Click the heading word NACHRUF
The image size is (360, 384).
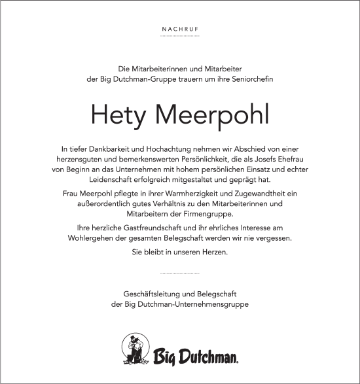point(179,29)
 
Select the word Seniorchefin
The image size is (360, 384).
point(251,79)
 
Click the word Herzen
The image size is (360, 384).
point(215,252)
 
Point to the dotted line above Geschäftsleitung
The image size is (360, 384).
point(179,272)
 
